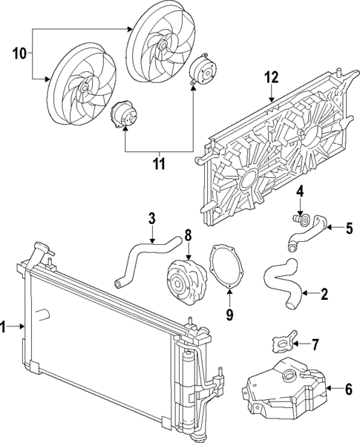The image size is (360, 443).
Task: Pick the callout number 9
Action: pyautogui.click(x=229, y=315)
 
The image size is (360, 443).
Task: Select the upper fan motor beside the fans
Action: pyautogui.click(x=200, y=72)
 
